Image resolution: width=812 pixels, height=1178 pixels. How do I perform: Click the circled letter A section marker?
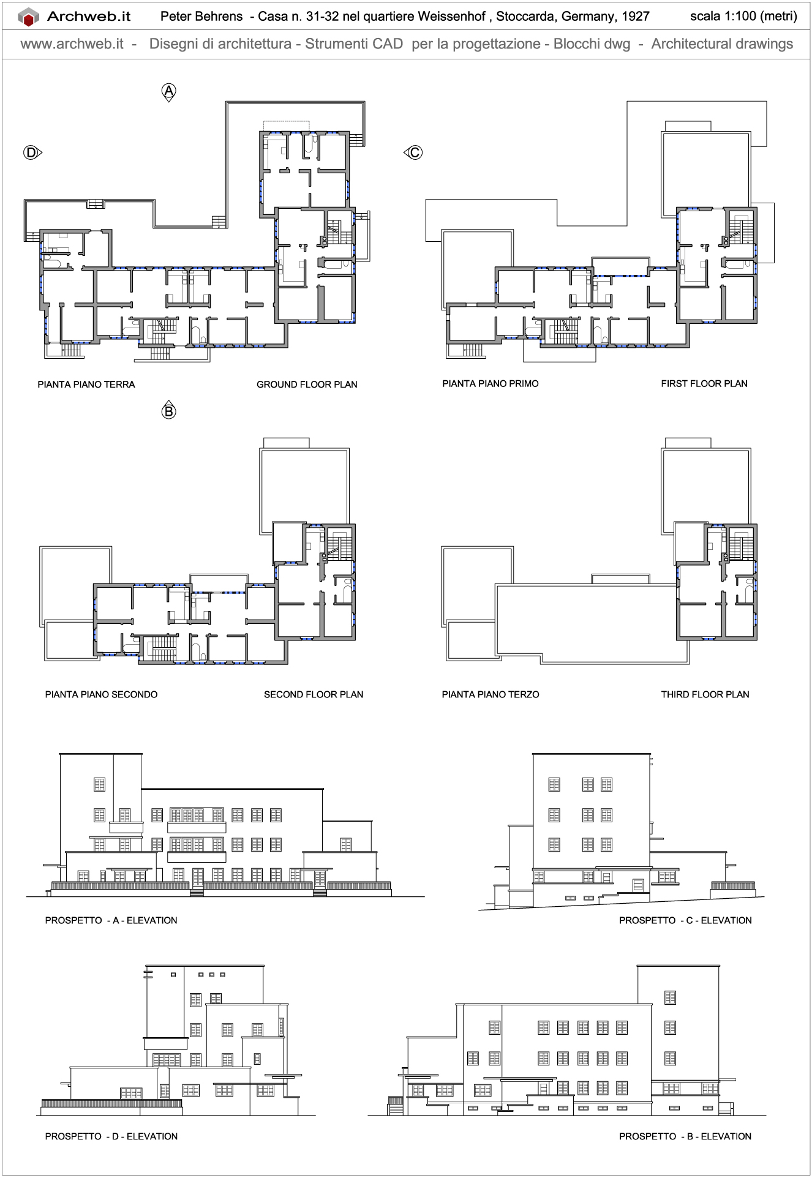pyautogui.click(x=168, y=92)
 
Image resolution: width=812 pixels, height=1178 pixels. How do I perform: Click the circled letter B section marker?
pyautogui.click(x=168, y=411)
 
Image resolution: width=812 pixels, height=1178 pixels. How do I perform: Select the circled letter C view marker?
pyautogui.click(x=415, y=152)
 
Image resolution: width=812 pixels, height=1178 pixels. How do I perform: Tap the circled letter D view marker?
pyautogui.click(x=31, y=152)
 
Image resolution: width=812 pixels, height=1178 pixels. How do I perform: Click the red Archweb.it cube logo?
pyautogui.click(x=28, y=17)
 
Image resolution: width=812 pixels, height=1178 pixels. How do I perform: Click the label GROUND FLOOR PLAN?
pyautogui.click(x=307, y=385)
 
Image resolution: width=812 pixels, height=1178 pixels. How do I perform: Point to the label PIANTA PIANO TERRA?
pyautogui.click(x=86, y=385)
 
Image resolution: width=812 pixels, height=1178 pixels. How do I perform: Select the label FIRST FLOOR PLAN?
pyautogui.click(x=704, y=384)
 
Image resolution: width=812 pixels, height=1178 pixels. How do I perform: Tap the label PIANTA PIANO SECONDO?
pyautogui.click(x=101, y=694)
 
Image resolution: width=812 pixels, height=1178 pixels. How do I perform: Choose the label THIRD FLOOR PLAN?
pyautogui.click(x=705, y=694)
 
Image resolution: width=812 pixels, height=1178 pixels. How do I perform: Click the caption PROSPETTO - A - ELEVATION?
pyautogui.click(x=111, y=920)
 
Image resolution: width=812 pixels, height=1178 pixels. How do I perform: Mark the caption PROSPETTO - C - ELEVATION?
pyautogui.click(x=685, y=920)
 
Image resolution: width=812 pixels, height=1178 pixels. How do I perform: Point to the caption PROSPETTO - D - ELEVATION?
pyautogui.click(x=111, y=1136)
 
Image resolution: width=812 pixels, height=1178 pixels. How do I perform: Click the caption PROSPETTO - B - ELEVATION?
pyautogui.click(x=685, y=1136)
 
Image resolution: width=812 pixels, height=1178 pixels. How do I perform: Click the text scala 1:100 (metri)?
pyautogui.click(x=743, y=17)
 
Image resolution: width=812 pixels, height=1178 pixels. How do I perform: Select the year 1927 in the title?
pyautogui.click(x=636, y=17)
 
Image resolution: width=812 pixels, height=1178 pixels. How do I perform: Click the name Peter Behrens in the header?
pyautogui.click(x=201, y=17)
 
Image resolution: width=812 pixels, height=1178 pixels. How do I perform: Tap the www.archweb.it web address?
pyautogui.click(x=72, y=44)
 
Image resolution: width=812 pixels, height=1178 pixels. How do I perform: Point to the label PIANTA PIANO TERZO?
pyautogui.click(x=491, y=694)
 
